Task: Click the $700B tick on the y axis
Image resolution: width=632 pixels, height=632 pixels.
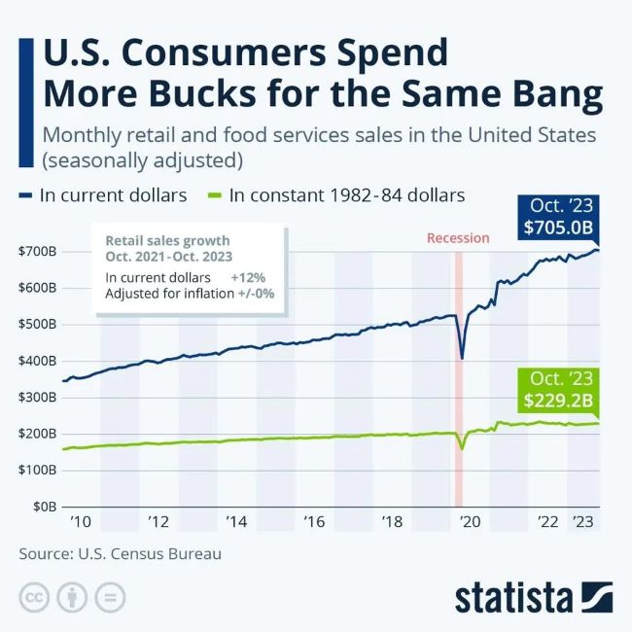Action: click(x=37, y=252)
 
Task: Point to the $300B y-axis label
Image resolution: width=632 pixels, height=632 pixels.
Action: click(x=37, y=398)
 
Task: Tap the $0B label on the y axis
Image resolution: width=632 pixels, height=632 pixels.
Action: click(x=44, y=507)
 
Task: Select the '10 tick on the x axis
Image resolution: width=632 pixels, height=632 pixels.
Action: click(x=80, y=523)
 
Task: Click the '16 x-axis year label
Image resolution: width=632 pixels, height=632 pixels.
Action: click(x=313, y=523)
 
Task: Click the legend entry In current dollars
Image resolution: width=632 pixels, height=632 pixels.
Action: click(x=115, y=195)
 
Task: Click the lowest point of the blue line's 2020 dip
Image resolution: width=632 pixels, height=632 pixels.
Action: click(x=462, y=358)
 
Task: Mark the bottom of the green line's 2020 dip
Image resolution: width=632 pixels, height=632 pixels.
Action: click(x=462, y=448)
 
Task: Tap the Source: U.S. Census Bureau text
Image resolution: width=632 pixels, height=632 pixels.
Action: click(x=120, y=554)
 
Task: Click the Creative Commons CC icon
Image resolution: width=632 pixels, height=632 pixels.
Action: click(x=34, y=596)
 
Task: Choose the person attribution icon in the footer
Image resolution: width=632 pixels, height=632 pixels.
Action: click(x=72, y=596)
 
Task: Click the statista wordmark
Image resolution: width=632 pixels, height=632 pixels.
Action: click(x=515, y=595)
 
